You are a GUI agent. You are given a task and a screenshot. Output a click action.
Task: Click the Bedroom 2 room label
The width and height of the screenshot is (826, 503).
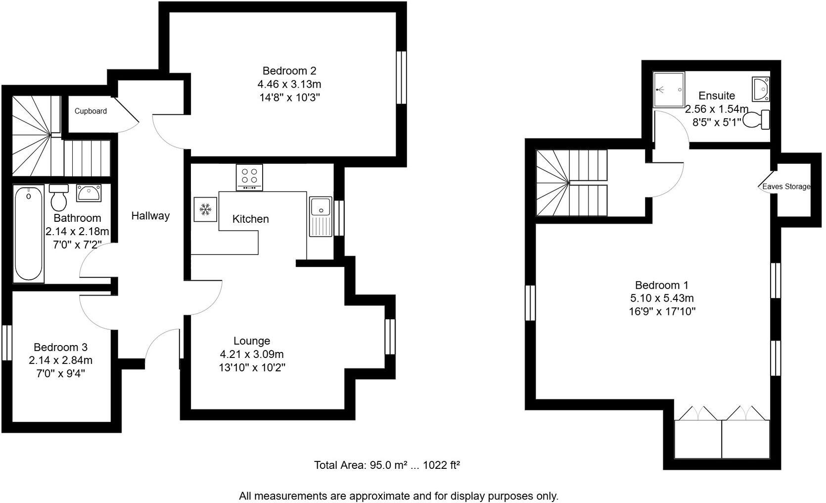[289, 71]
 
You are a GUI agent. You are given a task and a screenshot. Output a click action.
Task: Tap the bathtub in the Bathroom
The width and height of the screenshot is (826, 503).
[28, 234]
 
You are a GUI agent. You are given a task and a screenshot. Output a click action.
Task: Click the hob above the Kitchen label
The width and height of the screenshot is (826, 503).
[249, 177]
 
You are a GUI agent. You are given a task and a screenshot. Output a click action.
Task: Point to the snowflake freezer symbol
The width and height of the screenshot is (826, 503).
[205, 210]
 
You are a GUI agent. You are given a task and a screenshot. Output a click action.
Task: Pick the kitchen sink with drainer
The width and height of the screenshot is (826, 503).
[321, 217]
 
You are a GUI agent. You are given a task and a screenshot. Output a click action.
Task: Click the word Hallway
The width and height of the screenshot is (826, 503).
[150, 216]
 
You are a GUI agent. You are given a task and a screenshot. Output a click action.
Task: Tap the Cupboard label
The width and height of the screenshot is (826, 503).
[91, 111]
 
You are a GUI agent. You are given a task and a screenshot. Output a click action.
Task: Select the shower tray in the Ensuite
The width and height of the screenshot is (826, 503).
[669, 90]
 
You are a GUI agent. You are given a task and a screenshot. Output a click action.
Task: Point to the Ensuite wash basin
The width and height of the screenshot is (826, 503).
[760, 89]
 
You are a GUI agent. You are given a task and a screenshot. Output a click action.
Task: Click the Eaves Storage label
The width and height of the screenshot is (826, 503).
[786, 187]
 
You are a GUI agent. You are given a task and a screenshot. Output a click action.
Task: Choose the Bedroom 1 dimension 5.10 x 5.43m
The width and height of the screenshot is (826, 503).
[662, 298]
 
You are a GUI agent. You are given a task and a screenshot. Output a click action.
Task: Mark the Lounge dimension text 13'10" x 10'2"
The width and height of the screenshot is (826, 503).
[252, 367]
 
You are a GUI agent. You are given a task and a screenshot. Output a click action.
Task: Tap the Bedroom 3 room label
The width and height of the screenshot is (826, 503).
[60, 348]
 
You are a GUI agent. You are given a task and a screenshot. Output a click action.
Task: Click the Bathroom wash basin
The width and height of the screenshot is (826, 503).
[89, 193]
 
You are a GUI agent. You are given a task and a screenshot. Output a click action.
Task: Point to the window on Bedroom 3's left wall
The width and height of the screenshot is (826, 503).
[6, 342]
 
